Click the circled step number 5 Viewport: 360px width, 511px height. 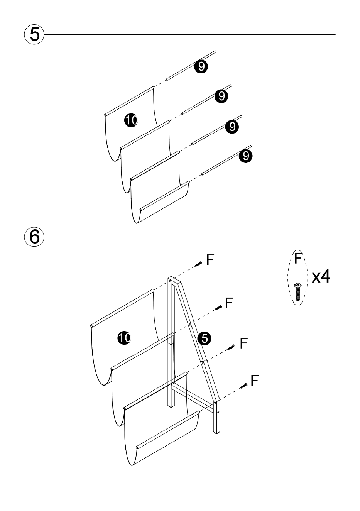(x=34, y=34)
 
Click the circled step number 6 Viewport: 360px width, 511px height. (x=34, y=237)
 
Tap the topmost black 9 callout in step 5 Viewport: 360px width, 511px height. (x=201, y=66)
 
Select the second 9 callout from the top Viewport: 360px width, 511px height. (x=221, y=96)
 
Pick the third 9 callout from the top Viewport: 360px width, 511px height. (x=232, y=127)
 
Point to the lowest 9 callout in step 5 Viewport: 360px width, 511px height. (x=246, y=156)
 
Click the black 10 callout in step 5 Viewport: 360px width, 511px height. (x=131, y=120)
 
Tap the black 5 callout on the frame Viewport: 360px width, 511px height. (x=205, y=338)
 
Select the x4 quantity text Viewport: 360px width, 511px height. (x=321, y=276)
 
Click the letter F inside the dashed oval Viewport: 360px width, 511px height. (x=298, y=258)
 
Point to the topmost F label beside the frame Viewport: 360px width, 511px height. (x=210, y=260)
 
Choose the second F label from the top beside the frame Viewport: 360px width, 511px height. (x=229, y=303)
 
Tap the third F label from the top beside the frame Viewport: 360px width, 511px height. (x=243, y=343)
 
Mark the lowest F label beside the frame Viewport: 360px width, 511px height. (x=254, y=381)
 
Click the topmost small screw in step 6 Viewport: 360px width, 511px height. (x=198, y=264)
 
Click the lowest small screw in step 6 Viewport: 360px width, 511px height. (x=243, y=386)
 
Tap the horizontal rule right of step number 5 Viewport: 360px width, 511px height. (x=190, y=35)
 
